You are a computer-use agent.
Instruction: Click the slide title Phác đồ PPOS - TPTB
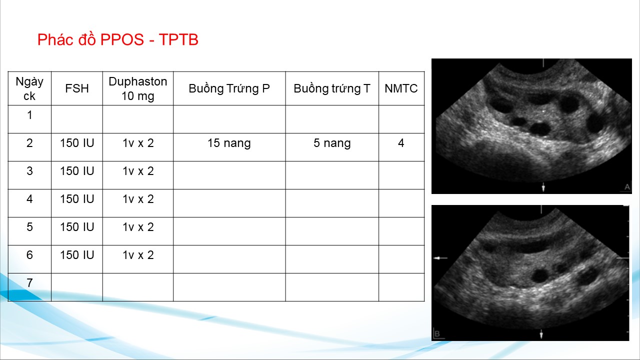(117, 39)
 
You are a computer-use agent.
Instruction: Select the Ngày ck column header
(29, 88)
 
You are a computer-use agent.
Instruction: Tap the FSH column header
(77, 88)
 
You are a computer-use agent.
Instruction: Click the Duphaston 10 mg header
(138, 88)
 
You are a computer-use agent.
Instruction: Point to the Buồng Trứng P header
(229, 88)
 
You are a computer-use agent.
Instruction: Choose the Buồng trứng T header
(332, 88)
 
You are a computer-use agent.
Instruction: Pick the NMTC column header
(401, 88)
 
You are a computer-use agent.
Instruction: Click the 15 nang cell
(229, 143)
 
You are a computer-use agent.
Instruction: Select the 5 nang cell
(332, 143)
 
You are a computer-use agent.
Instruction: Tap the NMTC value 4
(401, 143)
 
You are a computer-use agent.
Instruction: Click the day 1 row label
(29, 115)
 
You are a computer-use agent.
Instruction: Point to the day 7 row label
(29, 283)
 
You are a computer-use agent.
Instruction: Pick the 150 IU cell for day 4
(77, 199)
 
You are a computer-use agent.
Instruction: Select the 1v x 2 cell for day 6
(138, 255)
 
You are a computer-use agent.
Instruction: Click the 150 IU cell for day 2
(77, 143)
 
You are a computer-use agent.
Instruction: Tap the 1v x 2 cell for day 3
(138, 171)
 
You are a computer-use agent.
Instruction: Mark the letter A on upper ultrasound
(627, 187)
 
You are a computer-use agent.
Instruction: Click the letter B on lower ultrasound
(437, 333)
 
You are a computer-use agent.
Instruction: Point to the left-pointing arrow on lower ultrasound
(440, 258)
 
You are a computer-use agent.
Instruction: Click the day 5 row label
(29, 227)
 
